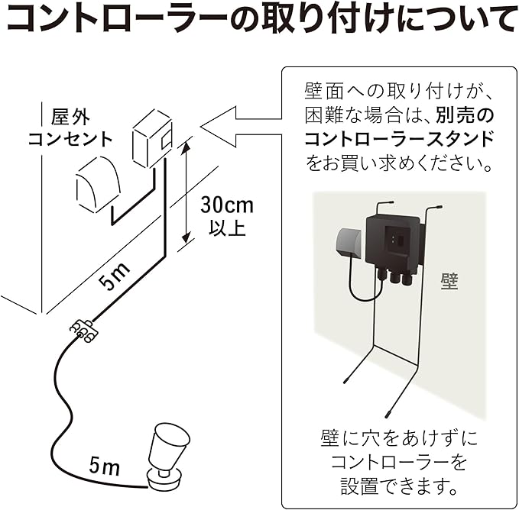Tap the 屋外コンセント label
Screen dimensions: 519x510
point(70,127)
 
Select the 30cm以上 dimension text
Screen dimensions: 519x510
point(226,215)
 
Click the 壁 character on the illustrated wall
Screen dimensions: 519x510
point(449,281)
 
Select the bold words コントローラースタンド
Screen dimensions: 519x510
point(398,138)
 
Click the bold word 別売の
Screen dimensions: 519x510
point(465,115)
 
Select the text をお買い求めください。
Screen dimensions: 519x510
point(398,163)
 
